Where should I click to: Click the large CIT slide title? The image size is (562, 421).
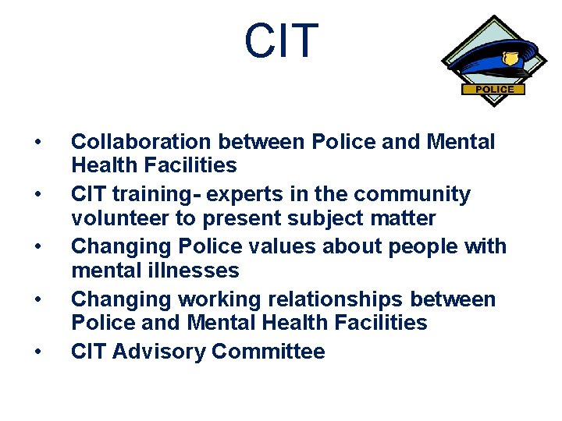coord(281,41)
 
